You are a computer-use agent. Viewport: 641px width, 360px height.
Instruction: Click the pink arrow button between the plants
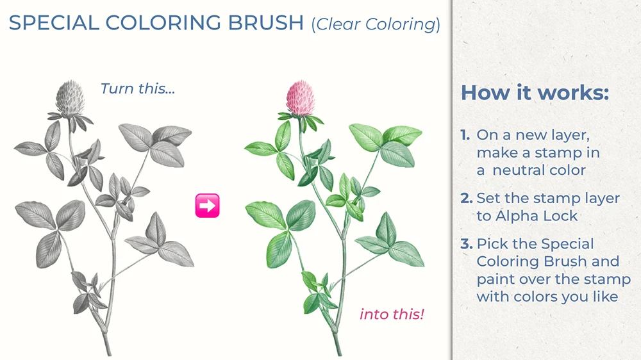[207, 206]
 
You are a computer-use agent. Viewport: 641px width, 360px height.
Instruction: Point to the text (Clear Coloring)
[376, 24]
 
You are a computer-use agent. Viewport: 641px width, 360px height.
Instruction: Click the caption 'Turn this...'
[138, 88]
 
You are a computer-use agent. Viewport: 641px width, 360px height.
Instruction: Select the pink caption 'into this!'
[392, 314]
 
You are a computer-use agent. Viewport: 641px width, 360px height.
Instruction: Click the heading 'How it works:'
[535, 93]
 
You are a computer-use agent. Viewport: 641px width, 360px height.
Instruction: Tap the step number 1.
[465, 136]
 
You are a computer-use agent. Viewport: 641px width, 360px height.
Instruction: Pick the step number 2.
[466, 199]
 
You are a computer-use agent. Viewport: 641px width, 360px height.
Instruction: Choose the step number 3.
[466, 244]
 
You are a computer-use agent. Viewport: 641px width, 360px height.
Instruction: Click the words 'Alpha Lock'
[536, 216]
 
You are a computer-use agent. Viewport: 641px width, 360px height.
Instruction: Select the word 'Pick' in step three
[491, 244]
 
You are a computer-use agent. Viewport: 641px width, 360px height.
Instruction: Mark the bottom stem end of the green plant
[340, 353]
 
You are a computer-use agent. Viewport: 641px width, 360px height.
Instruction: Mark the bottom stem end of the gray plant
[109, 353]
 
